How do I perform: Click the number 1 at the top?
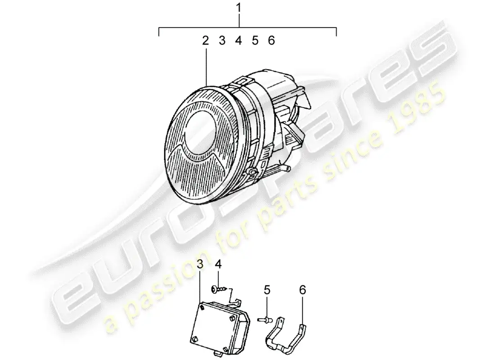click(x=239, y=8)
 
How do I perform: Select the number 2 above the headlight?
click(x=205, y=41)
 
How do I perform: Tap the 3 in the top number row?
click(x=222, y=41)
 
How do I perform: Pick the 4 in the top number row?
click(x=238, y=41)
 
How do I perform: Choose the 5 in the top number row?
click(x=255, y=41)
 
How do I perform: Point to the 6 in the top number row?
click(x=271, y=41)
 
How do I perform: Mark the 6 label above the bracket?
click(x=302, y=290)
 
